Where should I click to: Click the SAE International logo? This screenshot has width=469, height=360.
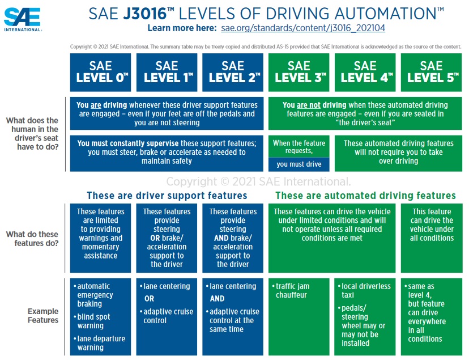23,19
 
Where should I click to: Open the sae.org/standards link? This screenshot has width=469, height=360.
303,28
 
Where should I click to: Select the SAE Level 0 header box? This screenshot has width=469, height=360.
100,73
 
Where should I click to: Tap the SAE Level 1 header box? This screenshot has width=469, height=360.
167,73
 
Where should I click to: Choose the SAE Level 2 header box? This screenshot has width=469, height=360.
233,73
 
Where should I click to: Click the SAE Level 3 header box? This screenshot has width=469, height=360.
299,73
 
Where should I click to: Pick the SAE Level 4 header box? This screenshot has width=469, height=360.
365,73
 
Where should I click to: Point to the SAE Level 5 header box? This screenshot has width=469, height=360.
431,73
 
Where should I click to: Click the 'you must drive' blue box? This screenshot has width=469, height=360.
299,164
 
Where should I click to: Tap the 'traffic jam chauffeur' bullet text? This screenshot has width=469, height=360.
291,291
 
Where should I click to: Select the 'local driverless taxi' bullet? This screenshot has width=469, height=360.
364,291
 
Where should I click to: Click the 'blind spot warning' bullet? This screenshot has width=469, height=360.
92,321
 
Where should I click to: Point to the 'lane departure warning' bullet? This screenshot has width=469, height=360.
100,343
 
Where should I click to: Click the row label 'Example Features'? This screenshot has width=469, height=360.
43,316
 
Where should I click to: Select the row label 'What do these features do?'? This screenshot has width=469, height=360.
32,239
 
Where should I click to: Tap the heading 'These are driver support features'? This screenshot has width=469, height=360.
167,196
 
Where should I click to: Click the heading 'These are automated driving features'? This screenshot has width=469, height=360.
365,196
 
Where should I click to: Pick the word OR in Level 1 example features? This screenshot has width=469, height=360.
150,299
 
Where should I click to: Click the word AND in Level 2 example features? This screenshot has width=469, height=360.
217,299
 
